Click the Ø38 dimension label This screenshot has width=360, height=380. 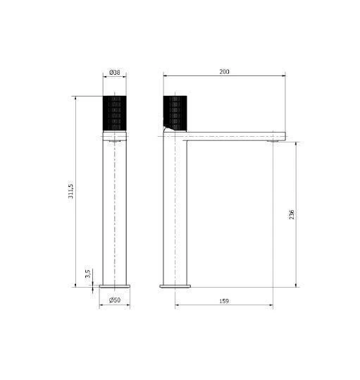pyautogui.click(x=115, y=72)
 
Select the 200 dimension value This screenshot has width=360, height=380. pyautogui.click(x=224, y=72)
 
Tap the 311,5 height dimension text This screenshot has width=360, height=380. pyautogui.click(x=70, y=191)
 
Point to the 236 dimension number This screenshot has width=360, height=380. pyautogui.click(x=292, y=215)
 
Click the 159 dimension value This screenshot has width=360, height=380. pyautogui.click(x=224, y=301)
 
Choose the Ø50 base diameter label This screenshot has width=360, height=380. pyautogui.click(x=115, y=300)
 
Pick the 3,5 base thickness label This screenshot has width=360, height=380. pyautogui.click(x=87, y=274)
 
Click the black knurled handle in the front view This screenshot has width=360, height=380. pyautogui.click(x=115, y=114)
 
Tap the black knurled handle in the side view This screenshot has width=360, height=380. pyautogui.click(x=175, y=114)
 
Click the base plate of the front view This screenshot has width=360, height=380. pyautogui.click(x=115, y=286)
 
